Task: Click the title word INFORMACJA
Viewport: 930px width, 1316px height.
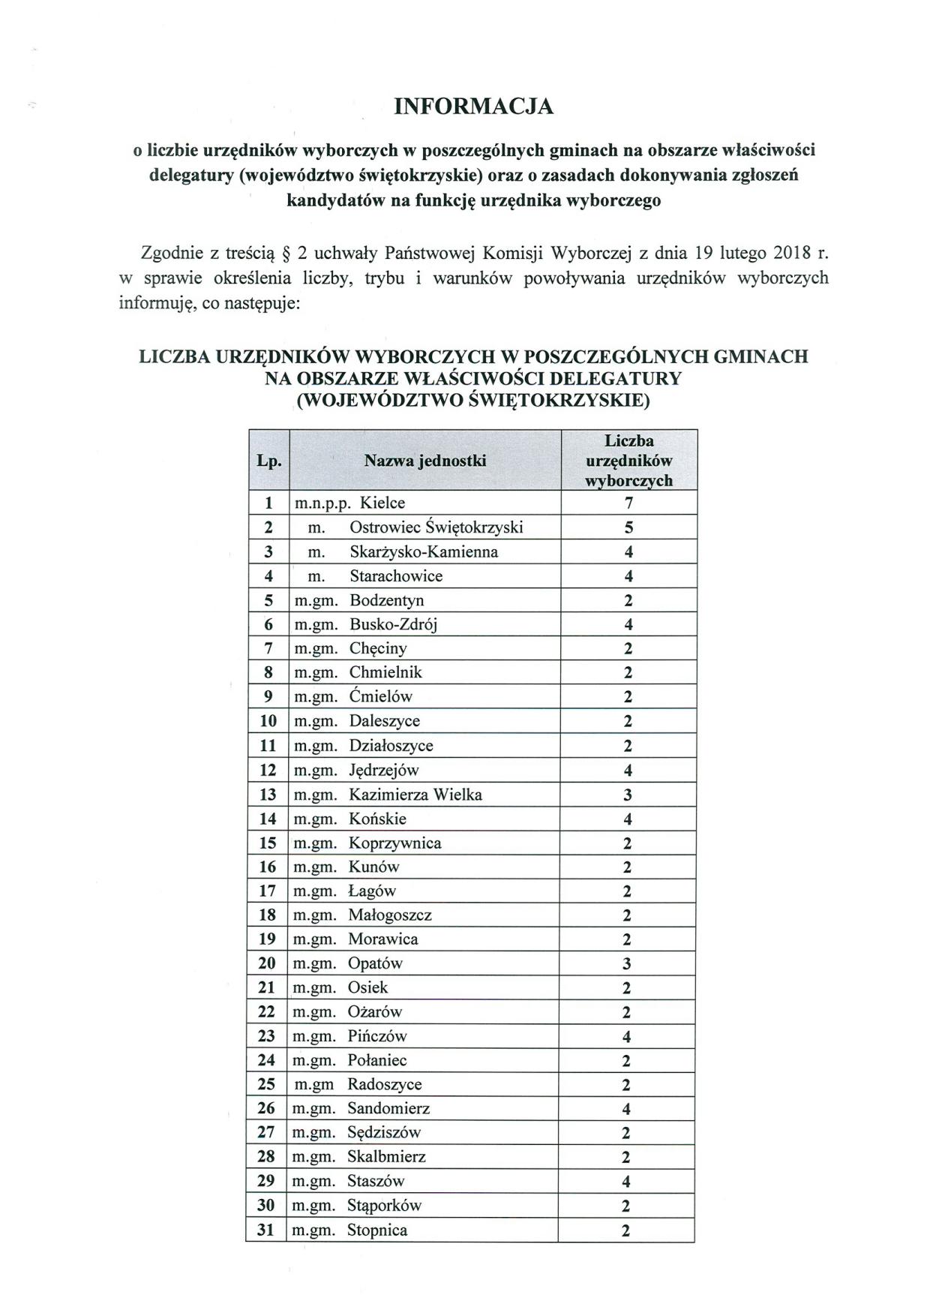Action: click(x=474, y=107)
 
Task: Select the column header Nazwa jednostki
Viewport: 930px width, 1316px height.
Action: click(x=425, y=461)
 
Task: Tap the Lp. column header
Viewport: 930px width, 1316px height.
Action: click(x=268, y=461)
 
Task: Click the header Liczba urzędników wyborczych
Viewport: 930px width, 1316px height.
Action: click(x=628, y=461)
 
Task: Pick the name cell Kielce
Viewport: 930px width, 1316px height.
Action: click(x=382, y=503)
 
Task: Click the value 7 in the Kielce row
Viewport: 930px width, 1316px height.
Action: click(x=628, y=503)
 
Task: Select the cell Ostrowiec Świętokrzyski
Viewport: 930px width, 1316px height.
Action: click(x=436, y=527)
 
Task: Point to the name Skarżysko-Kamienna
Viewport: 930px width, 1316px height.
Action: click(x=424, y=552)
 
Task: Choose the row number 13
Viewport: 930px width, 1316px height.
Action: click(x=268, y=795)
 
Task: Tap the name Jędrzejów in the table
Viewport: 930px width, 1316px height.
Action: click(x=384, y=771)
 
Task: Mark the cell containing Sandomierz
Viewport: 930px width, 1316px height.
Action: click(x=388, y=1108)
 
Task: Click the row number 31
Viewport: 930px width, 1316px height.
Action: click(x=266, y=1230)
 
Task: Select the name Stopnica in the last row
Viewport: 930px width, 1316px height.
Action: click(x=377, y=1230)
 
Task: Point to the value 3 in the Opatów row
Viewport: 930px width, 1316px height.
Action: click(x=627, y=964)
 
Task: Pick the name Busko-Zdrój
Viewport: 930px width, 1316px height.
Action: click(x=393, y=624)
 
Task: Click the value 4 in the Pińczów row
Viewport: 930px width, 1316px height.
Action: click(x=627, y=1037)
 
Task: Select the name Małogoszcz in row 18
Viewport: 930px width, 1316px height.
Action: click(x=390, y=915)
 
